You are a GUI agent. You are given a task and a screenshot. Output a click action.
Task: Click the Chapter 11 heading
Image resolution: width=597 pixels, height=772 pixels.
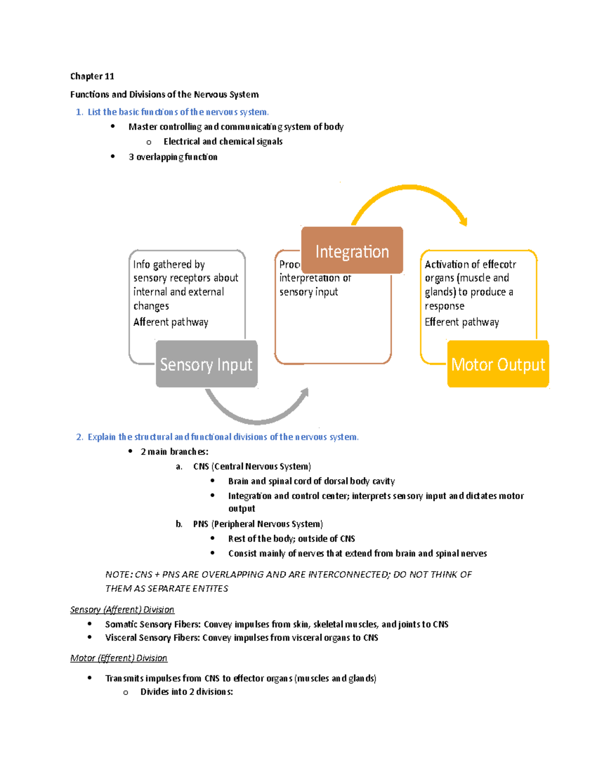point(92,76)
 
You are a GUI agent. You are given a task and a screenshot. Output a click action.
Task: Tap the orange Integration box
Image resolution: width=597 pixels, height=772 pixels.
point(352,251)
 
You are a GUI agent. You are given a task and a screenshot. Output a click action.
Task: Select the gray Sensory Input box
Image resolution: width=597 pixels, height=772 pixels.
point(206,364)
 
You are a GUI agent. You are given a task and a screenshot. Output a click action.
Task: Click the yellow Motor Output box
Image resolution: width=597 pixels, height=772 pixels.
point(498,364)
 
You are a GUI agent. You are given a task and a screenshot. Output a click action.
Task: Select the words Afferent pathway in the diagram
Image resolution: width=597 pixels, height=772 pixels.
point(171,322)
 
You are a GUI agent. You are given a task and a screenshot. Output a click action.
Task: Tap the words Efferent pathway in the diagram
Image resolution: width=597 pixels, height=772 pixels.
point(462,322)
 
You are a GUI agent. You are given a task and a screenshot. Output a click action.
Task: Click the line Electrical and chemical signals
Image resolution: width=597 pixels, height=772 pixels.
point(223,142)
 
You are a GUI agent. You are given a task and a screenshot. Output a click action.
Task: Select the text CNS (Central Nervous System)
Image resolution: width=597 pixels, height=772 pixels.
point(252,466)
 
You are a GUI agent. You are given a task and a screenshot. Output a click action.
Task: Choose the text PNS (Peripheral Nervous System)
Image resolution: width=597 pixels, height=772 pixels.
point(258,524)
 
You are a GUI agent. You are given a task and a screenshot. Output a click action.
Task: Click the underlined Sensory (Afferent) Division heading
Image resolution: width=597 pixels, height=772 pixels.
point(122,609)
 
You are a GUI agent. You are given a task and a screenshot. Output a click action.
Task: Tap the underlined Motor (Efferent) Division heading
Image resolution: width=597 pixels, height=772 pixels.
point(118,658)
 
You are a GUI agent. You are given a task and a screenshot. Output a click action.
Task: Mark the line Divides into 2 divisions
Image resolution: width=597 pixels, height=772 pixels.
point(186,692)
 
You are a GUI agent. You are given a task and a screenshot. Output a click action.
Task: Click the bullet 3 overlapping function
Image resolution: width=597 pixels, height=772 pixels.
point(173,157)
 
